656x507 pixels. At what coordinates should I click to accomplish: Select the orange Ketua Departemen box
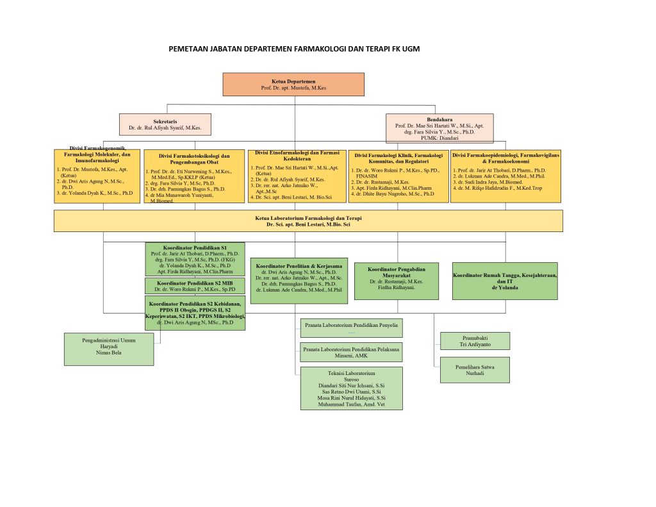point(293,84)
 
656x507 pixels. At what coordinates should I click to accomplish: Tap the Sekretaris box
point(165,124)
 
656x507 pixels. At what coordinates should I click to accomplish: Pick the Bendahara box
point(439,127)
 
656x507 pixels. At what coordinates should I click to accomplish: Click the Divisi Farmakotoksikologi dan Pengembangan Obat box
point(194,177)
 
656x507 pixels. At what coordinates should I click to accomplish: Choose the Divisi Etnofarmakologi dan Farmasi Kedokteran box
point(297,176)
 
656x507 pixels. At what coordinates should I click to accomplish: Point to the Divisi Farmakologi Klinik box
point(398,176)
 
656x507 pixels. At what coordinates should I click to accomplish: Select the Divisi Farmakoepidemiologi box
point(506,176)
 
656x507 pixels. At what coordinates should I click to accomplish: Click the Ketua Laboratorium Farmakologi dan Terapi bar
point(308,221)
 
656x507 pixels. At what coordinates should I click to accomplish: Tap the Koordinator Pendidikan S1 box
point(195,259)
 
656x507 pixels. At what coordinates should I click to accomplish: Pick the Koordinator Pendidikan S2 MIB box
point(195,285)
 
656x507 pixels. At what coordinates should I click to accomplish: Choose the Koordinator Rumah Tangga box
point(505,281)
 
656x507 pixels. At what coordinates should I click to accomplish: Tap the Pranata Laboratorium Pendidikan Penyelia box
point(351,328)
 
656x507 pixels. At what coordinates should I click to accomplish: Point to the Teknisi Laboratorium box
point(351,388)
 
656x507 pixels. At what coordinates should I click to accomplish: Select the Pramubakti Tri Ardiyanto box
point(475,341)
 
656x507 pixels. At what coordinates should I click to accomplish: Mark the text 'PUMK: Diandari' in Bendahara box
point(439,138)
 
